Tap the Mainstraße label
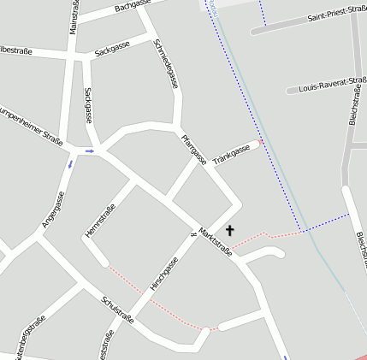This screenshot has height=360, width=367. [x=74, y=17]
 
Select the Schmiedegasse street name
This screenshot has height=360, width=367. [x=166, y=64]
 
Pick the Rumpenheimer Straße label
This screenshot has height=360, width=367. [x=30, y=123]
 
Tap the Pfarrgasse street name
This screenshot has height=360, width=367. [x=193, y=149]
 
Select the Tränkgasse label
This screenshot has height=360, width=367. [x=231, y=155]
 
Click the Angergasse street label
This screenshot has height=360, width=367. [x=53, y=210]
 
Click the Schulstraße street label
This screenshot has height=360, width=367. [x=117, y=310]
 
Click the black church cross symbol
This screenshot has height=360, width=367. [x=229, y=231]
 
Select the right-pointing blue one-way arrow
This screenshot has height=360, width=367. [x=89, y=151]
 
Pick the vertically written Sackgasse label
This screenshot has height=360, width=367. [x=87, y=104]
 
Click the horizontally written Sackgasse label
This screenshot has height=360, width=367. [x=112, y=50]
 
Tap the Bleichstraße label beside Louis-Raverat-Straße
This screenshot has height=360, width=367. [x=353, y=104]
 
